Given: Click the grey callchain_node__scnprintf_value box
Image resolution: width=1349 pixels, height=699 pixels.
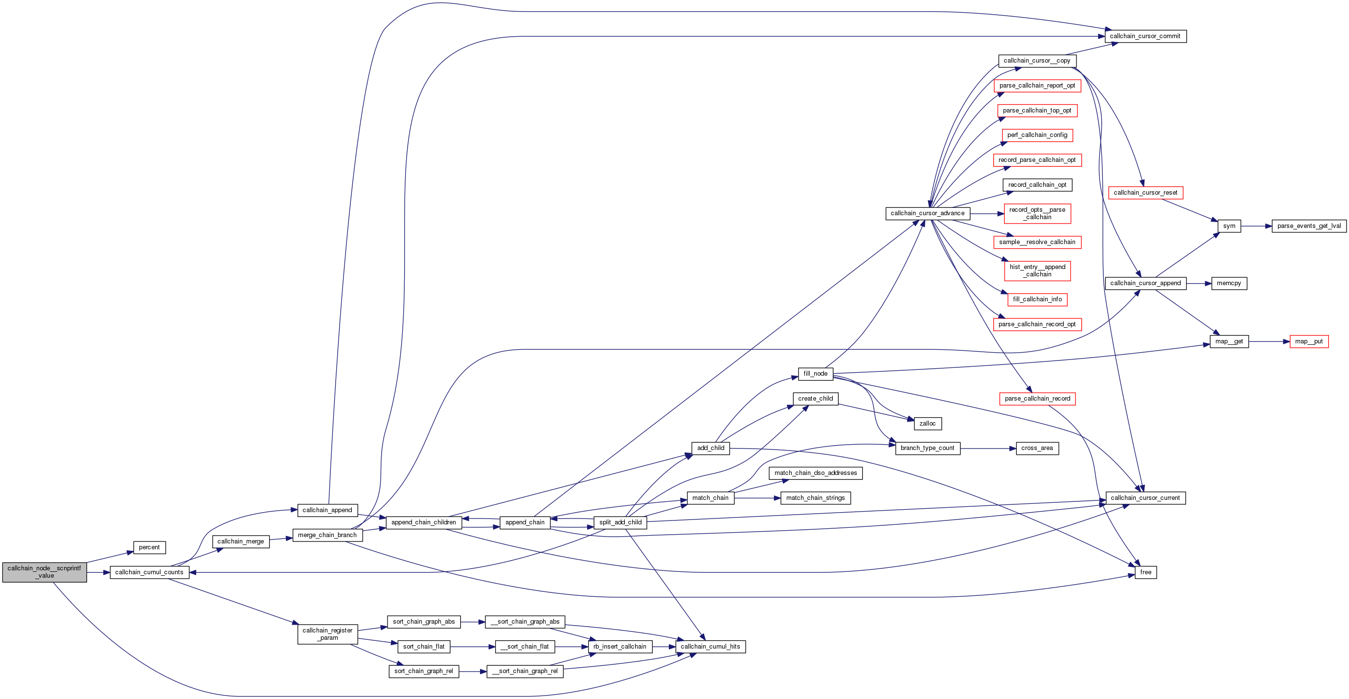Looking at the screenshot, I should pyautogui.click(x=45, y=572).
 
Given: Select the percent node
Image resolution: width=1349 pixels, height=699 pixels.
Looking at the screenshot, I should pyautogui.click(x=149, y=547).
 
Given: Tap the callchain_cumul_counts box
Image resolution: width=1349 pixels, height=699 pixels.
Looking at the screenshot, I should pyautogui.click(x=149, y=572).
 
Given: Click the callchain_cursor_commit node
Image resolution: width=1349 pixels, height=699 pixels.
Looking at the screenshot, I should pyautogui.click(x=1145, y=36).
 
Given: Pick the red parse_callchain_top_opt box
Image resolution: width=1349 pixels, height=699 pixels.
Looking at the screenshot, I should pyautogui.click(x=1037, y=111).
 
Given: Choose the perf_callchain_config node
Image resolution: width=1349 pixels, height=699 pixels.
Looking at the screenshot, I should pyautogui.click(x=1037, y=135).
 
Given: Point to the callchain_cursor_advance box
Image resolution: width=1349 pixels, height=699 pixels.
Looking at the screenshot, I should pyautogui.click(x=927, y=213).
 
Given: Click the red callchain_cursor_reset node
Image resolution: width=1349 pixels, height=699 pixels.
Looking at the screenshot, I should pyautogui.click(x=1145, y=193).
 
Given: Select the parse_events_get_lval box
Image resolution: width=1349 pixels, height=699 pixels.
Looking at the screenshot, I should pyautogui.click(x=1309, y=226).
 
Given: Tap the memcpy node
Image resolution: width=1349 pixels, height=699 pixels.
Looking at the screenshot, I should pyautogui.click(x=1229, y=283).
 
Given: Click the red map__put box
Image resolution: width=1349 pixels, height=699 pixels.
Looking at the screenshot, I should pyautogui.click(x=1309, y=341).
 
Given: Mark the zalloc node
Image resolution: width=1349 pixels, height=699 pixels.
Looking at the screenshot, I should pyautogui.click(x=927, y=424).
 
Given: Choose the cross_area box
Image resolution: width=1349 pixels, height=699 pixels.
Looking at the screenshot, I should pyautogui.click(x=1037, y=448).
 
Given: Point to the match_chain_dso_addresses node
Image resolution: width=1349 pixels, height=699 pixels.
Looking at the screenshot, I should pyautogui.click(x=815, y=473).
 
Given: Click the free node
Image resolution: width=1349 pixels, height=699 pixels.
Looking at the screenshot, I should pyautogui.click(x=1145, y=572).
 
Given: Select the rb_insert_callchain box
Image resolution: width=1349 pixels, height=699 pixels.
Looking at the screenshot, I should pyautogui.click(x=619, y=647).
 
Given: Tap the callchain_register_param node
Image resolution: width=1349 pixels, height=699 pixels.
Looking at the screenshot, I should pyautogui.click(x=327, y=634).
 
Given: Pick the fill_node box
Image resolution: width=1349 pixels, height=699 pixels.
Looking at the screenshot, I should pyautogui.click(x=815, y=374).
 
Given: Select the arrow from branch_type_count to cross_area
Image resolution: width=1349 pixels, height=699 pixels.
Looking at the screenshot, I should pyautogui.click(x=988, y=449).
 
